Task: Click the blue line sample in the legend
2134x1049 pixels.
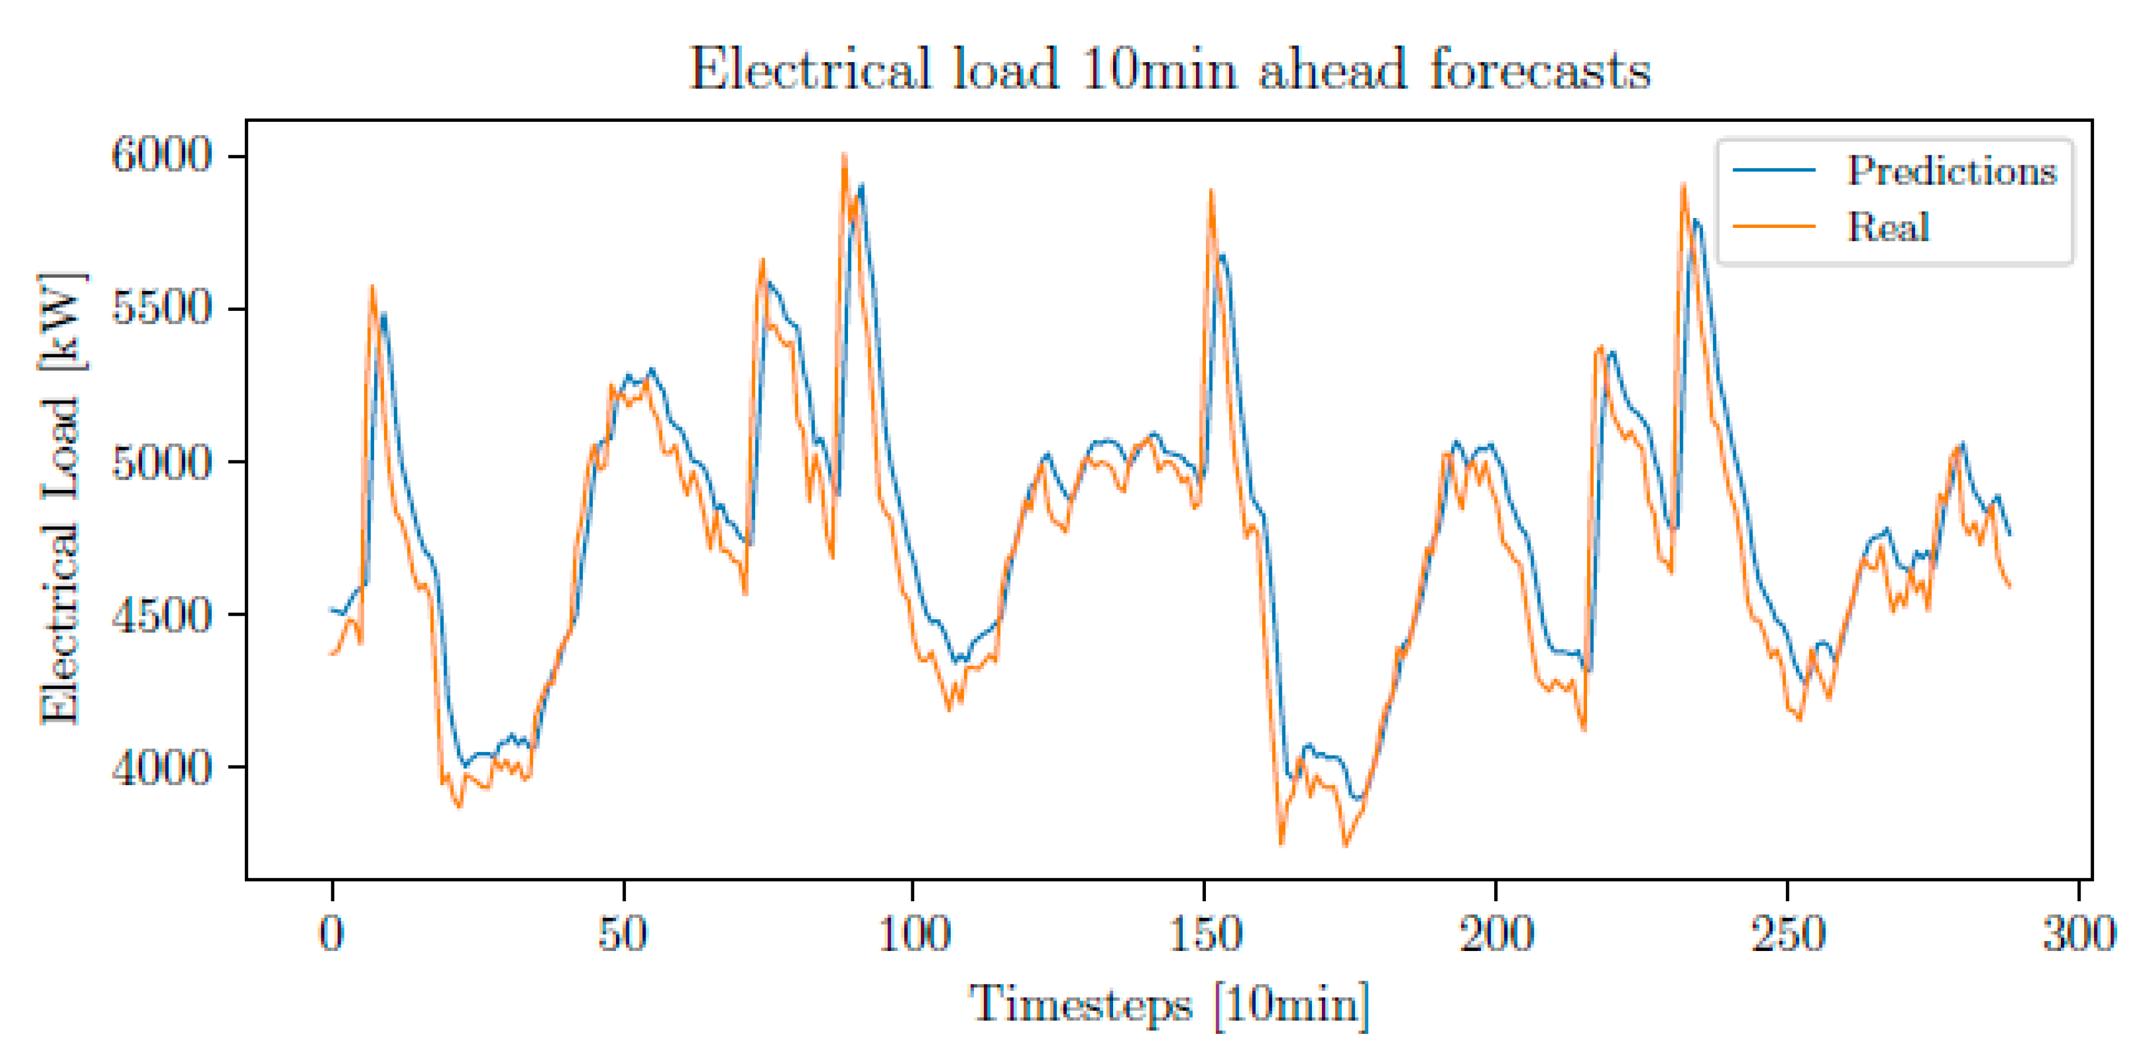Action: [1774, 170]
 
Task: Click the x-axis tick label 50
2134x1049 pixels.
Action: [623, 934]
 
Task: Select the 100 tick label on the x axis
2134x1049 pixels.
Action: [914, 934]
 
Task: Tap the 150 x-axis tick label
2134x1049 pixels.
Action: [1205, 934]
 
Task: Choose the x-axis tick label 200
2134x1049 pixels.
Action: [1496, 934]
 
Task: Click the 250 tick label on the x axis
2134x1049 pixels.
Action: [1788, 934]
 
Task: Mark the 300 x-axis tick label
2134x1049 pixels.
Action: [2078, 934]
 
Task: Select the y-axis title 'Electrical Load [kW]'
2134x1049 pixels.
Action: [61, 499]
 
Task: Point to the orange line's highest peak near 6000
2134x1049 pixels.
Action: [844, 155]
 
